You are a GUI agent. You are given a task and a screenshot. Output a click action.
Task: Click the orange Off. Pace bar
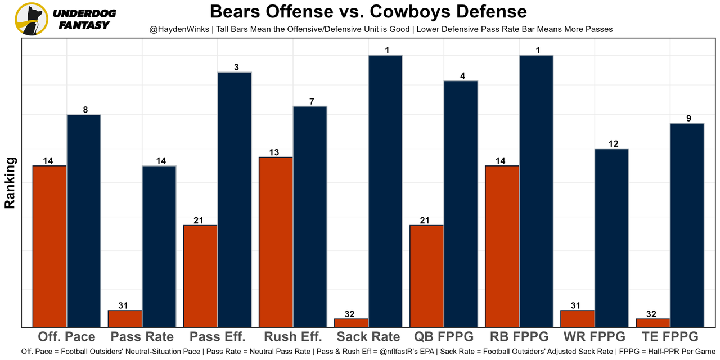(49, 246)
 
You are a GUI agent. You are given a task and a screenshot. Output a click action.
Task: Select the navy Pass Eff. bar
(235, 199)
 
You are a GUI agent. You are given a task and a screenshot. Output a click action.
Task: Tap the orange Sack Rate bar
(351, 323)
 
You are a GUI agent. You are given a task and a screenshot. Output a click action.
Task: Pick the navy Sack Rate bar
(385, 191)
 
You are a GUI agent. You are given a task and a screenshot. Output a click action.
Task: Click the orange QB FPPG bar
(426, 276)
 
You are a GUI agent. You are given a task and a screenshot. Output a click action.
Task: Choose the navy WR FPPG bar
(611, 237)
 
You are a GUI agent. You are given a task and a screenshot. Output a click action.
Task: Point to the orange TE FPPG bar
(653, 323)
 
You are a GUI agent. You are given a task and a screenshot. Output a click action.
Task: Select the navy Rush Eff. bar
(310, 216)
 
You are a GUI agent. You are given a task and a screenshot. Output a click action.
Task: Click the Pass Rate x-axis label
(142, 337)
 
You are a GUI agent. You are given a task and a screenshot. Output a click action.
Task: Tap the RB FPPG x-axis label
(519, 337)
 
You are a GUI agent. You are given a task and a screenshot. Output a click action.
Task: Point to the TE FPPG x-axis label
(669, 337)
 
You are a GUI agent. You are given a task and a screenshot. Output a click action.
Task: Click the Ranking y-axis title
(10, 183)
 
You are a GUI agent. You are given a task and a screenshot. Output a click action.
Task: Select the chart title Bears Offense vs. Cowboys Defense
(368, 12)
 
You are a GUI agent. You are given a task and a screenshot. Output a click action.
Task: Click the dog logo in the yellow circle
(31, 19)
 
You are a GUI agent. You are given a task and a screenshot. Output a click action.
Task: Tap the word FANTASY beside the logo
(84, 25)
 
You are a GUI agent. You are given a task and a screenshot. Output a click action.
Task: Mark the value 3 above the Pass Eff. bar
(236, 67)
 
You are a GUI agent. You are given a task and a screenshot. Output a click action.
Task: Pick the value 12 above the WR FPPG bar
(613, 144)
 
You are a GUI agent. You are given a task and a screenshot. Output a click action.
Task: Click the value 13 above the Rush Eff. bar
(274, 152)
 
